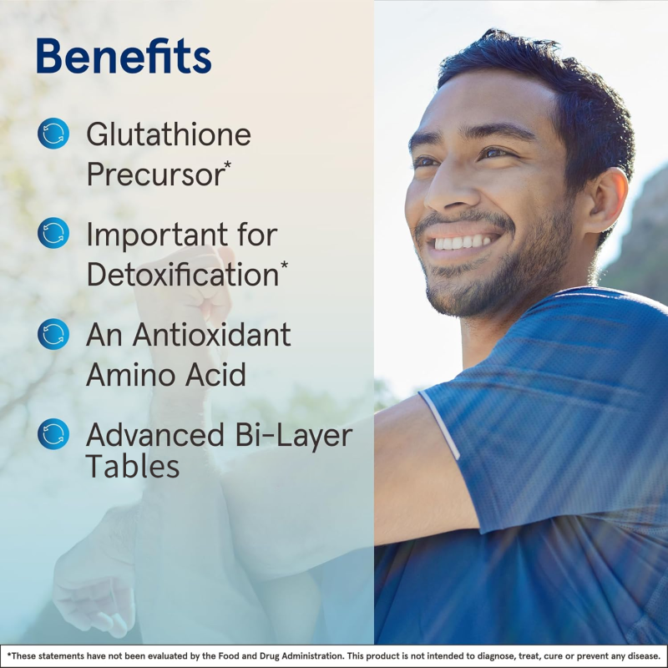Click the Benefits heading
click(124, 57)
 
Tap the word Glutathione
click(169, 134)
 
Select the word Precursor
click(154, 174)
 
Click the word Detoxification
click(181, 273)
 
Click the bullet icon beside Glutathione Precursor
click(53, 134)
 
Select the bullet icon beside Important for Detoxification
click(53, 233)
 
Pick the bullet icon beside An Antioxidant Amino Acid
click(53, 334)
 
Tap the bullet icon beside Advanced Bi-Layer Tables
click(53, 434)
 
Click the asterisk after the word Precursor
click(227, 164)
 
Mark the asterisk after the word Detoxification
click(284, 265)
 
